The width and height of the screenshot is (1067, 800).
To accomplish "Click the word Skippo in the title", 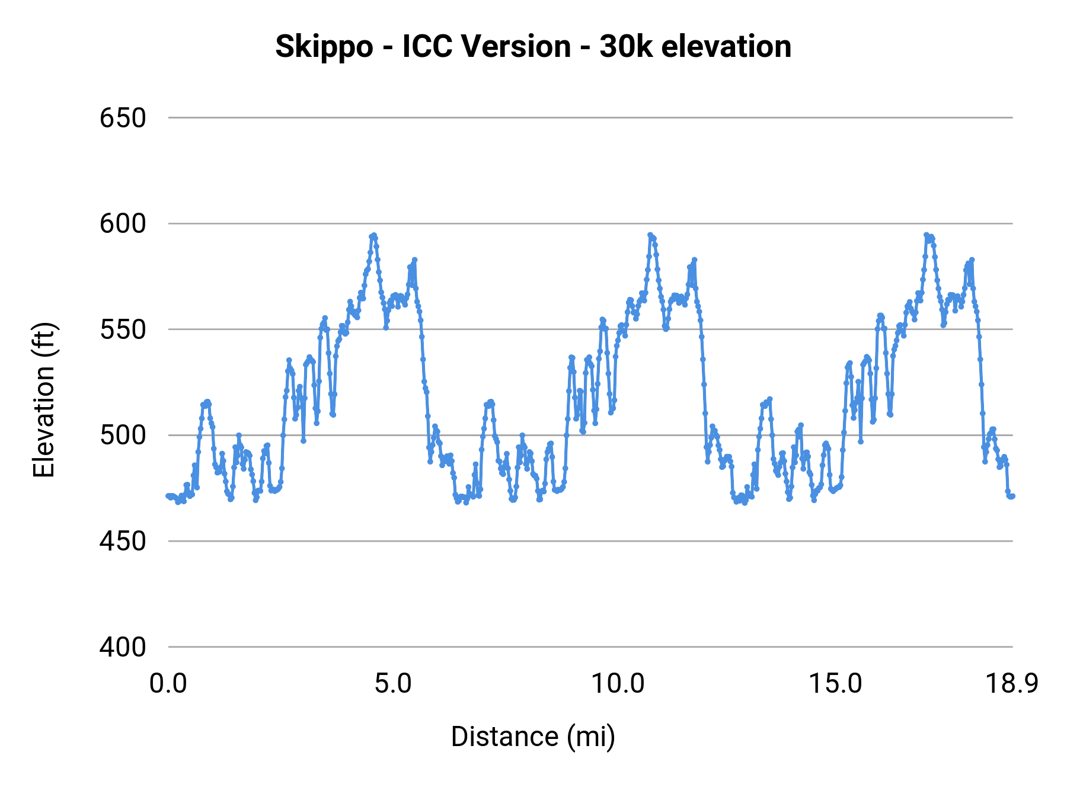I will pyautogui.click(x=324, y=47).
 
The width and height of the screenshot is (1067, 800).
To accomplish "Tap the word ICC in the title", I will pyautogui.click(x=426, y=46).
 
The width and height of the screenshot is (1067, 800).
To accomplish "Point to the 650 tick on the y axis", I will pyautogui.click(x=123, y=118).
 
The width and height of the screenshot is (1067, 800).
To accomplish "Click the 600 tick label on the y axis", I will pyautogui.click(x=123, y=224).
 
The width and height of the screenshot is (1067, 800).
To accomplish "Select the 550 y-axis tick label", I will pyautogui.click(x=123, y=329).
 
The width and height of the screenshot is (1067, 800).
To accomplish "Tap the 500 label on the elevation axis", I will pyautogui.click(x=123, y=436).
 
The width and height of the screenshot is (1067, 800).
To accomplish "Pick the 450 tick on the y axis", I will pyautogui.click(x=123, y=541).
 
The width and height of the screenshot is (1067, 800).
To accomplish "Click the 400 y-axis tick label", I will pyautogui.click(x=123, y=647).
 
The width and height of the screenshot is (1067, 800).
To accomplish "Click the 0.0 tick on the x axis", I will pyautogui.click(x=168, y=684).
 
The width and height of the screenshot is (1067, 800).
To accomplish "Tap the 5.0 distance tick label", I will pyautogui.click(x=392, y=684).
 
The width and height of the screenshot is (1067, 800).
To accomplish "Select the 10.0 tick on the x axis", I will pyautogui.click(x=618, y=684).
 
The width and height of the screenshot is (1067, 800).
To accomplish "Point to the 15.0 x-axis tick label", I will pyautogui.click(x=836, y=684).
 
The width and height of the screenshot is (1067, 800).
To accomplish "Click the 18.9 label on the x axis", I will pyautogui.click(x=1011, y=684).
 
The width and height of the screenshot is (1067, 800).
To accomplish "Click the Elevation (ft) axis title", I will pyautogui.click(x=44, y=400).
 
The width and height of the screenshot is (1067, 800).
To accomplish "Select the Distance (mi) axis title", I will pyautogui.click(x=533, y=737).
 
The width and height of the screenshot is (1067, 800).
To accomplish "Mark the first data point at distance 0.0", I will pyautogui.click(x=168, y=496).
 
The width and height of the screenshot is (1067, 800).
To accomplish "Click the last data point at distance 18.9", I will pyautogui.click(x=1012, y=496).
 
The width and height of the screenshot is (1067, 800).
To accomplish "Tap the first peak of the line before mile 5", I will pyautogui.click(x=373, y=235).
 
